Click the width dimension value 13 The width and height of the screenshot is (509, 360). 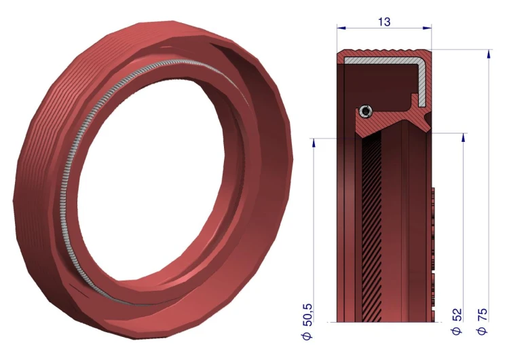click(x=384, y=22)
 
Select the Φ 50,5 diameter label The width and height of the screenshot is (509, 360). click(x=307, y=322)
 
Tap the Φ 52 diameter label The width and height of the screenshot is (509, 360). click(x=457, y=322)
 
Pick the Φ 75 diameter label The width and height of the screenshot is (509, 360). click(x=482, y=322)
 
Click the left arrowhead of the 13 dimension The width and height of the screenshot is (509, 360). click(x=341, y=29)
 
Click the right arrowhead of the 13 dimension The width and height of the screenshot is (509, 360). click(x=427, y=29)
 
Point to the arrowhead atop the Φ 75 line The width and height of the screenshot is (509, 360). click(x=489, y=54)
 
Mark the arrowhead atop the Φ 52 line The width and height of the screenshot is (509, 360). click(x=464, y=137)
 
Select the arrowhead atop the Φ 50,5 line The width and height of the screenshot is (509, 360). click(x=314, y=143)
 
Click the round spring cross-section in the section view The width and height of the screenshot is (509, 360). click(x=366, y=111)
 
